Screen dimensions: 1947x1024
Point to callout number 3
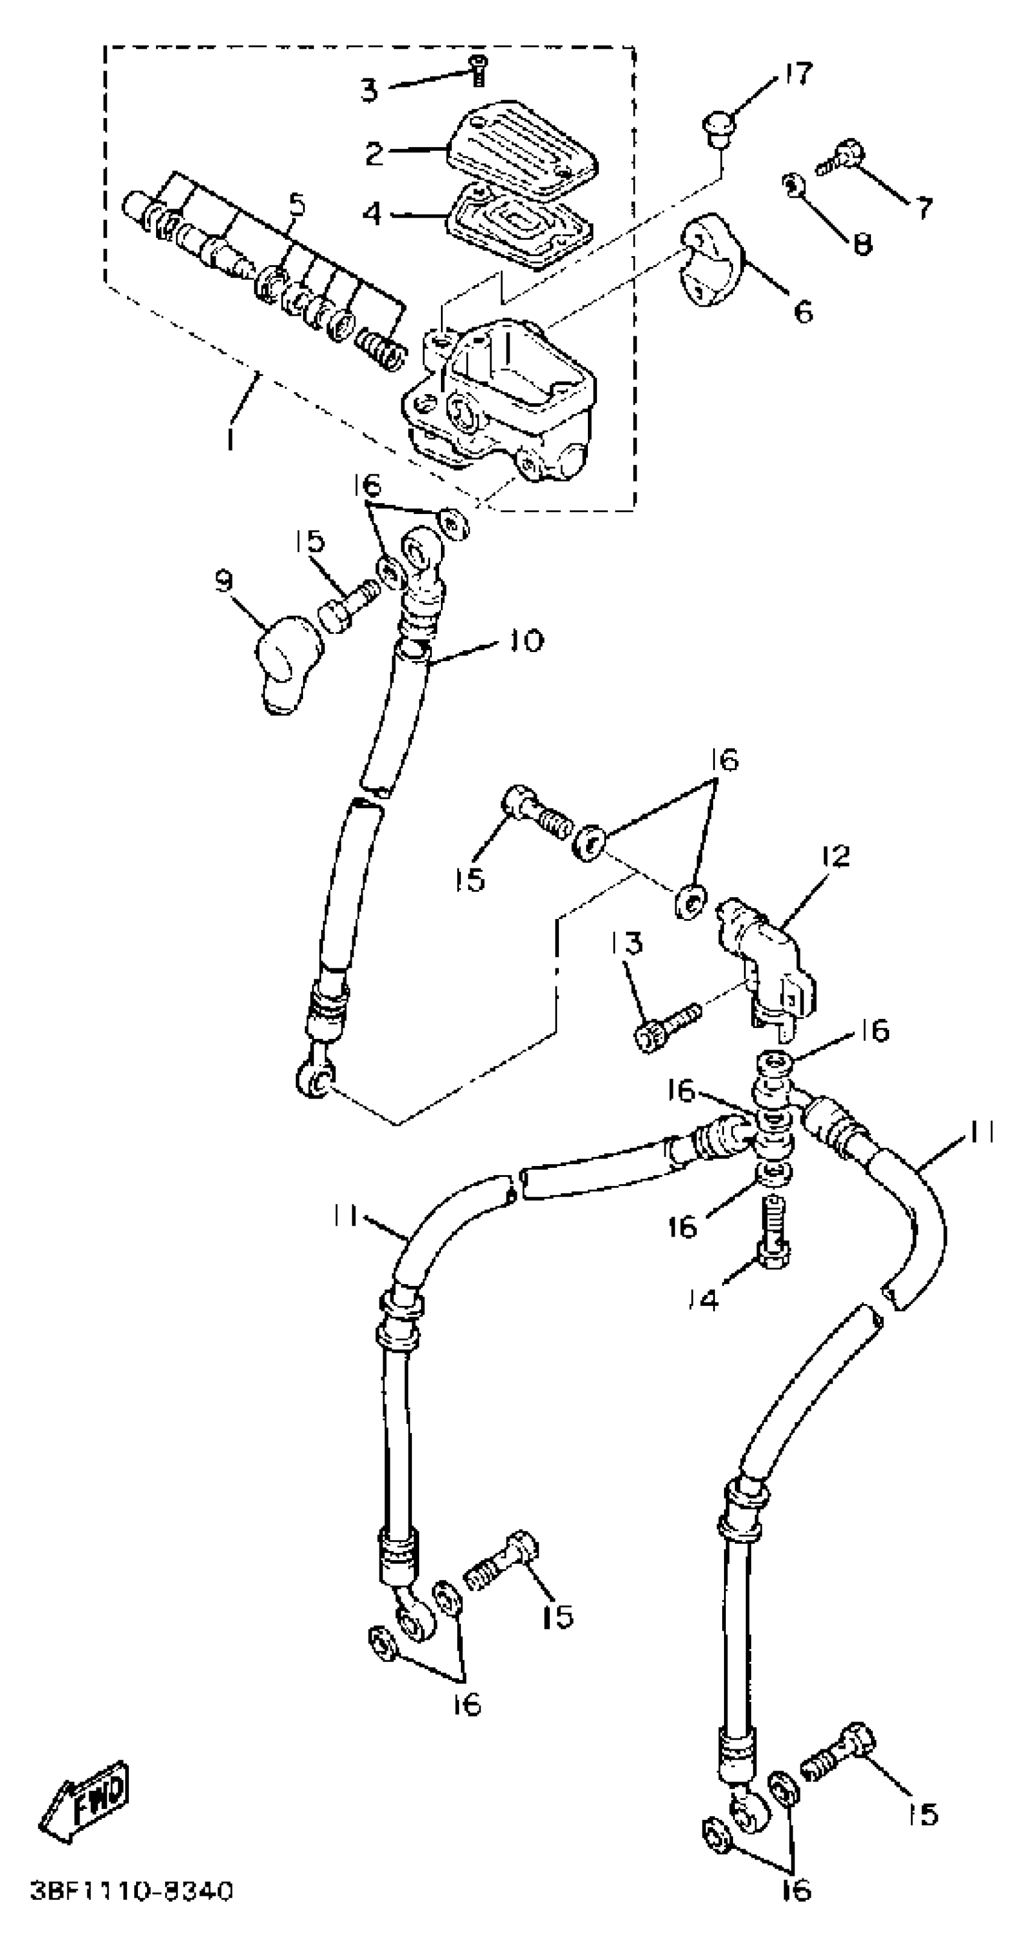tap(368, 91)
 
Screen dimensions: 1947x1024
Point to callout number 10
tap(526, 641)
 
